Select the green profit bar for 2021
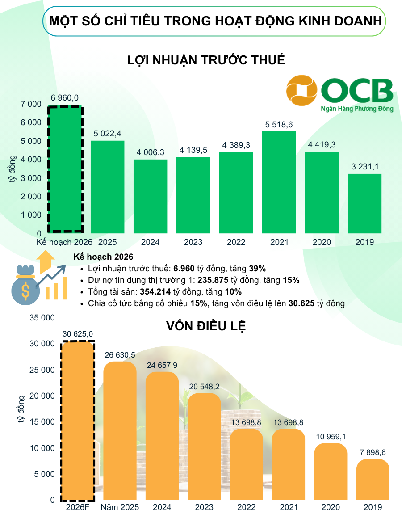coord(279,182)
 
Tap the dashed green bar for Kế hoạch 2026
coord(65,170)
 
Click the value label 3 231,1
coord(364,167)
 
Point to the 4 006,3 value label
coord(151,152)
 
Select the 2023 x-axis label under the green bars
coord(193,242)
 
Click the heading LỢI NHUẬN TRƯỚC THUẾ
coord(206,60)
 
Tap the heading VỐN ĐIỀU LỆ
coord(206,326)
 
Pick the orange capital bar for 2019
coord(373,480)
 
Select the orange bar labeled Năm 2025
coord(120,431)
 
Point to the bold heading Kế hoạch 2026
coord(103,257)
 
